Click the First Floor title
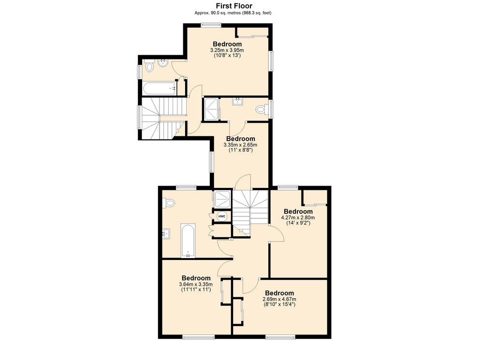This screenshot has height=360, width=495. (x=234, y=6)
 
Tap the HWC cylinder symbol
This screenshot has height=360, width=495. (x=222, y=216)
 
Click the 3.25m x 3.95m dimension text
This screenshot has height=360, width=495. (x=227, y=50)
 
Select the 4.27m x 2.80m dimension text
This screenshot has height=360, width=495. (x=298, y=217)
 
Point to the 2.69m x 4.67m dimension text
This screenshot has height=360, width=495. (x=279, y=299)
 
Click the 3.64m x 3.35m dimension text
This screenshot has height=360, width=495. (x=196, y=284)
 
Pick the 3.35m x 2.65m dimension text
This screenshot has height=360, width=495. (x=240, y=145)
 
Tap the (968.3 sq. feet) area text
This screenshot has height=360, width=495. (x=257, y=13)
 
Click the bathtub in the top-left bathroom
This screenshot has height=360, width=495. (x=160, y=88)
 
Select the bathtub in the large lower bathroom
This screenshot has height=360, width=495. (x=188, y=241)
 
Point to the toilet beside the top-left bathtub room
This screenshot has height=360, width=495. (x=149, y=67)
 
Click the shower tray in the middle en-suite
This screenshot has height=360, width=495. (x=211, y=109)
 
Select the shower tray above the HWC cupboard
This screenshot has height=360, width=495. (x=222, y=200)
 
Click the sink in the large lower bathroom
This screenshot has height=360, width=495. (x=166, y=234)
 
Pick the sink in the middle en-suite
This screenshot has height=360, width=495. (x=237, y=101)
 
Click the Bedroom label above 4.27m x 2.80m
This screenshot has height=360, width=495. (x=298, y=211)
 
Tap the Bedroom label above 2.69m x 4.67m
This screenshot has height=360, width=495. (x=279, y=293)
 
